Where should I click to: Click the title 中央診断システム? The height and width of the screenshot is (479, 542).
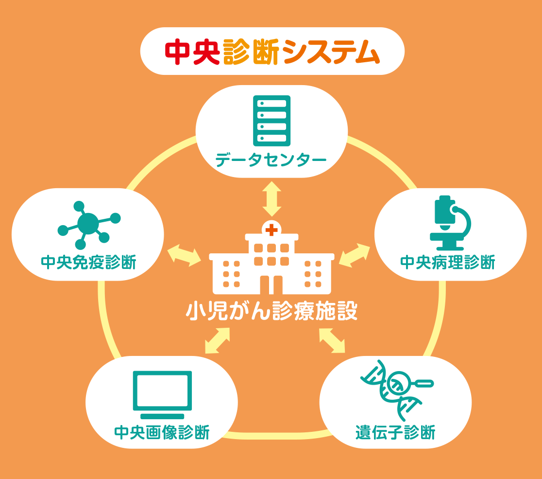272,52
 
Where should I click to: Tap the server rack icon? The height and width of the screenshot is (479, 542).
271,121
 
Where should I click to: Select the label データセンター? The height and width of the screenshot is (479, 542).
271,160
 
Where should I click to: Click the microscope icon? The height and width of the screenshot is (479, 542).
450,223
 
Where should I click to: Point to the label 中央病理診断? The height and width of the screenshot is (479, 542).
448,262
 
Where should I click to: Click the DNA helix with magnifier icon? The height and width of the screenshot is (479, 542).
397,390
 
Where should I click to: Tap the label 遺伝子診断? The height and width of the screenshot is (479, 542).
395,432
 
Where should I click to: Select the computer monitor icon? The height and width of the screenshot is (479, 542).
163,395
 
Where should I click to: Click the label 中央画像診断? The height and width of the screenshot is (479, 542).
162,433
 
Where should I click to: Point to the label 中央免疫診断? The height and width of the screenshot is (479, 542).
88,262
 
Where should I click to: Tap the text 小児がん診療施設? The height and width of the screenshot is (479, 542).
271,311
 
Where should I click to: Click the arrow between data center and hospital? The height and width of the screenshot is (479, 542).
271,199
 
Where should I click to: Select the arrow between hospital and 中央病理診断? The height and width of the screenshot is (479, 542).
355,255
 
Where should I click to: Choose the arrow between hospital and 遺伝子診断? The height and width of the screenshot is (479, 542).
332,340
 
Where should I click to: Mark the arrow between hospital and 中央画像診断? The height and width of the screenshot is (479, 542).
218,340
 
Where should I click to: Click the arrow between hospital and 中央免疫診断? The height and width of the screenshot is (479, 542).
184,255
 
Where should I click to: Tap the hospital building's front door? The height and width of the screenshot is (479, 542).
271,285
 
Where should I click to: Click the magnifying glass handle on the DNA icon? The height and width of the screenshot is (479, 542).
423,383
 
